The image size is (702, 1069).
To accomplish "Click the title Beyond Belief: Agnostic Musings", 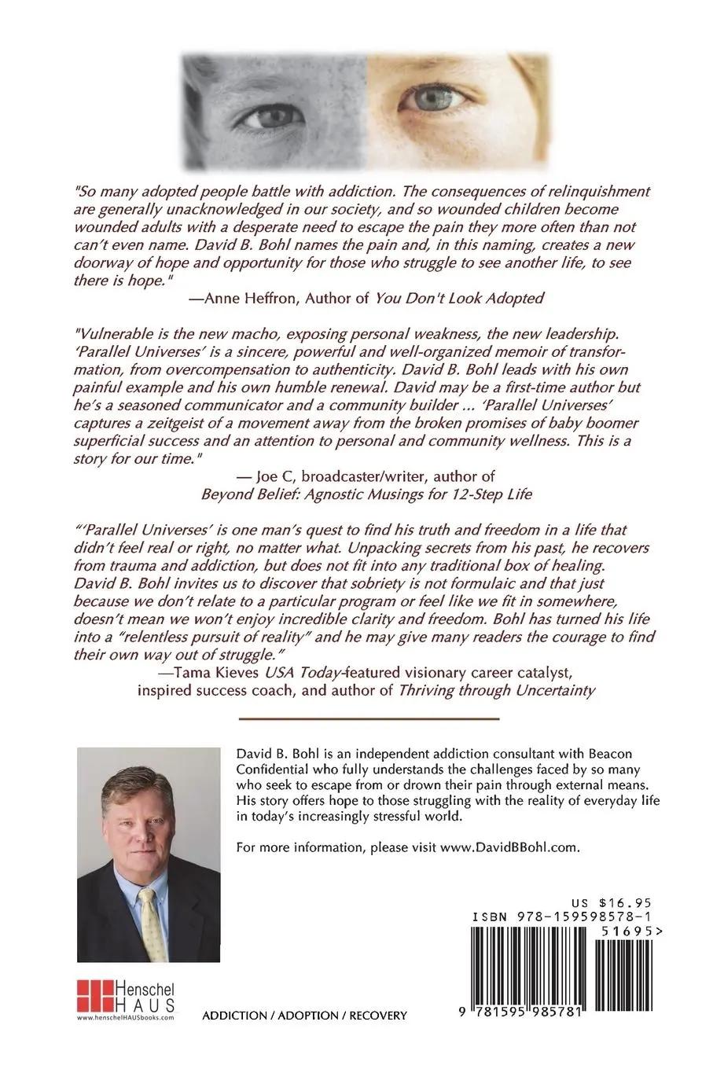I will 350,494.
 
